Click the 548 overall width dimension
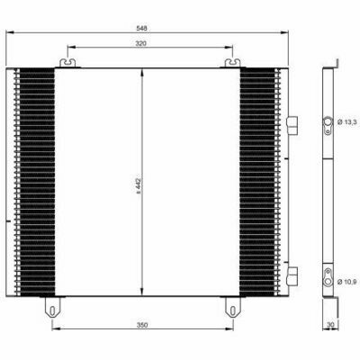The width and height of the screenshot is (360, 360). [141, 29]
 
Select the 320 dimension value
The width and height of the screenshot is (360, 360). [140, 43]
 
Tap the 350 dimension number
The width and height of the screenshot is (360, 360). [142, 325]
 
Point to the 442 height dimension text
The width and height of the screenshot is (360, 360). [139, 185]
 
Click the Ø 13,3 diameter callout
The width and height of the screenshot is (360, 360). [347, 122]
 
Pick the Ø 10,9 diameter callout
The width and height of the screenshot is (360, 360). [347, 282]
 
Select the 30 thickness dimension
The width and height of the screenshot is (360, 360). [330, 325]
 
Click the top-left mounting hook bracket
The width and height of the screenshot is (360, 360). [67, 63]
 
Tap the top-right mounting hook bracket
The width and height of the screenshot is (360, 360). [233, 63]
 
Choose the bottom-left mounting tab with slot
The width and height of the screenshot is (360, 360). [52, 307]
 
